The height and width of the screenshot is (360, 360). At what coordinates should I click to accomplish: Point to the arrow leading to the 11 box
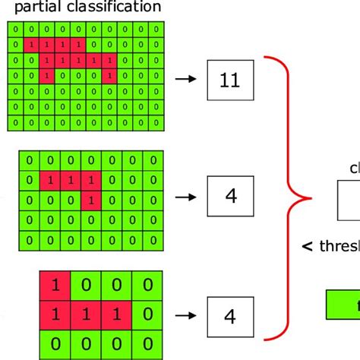(185, 78)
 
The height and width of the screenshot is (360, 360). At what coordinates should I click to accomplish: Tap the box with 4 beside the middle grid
(231, 196)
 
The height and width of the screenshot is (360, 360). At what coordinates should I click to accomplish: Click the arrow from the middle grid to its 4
(185, 196)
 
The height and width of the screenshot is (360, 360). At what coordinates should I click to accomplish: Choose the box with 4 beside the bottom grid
(231, 313)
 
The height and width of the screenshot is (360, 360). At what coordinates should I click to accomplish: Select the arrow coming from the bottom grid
(185, 313)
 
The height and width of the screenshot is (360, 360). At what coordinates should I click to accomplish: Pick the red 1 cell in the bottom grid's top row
(55, 286)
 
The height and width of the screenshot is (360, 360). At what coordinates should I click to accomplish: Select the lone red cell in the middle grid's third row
(90, 201)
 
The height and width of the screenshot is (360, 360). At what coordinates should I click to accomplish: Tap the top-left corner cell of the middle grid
(30, 160)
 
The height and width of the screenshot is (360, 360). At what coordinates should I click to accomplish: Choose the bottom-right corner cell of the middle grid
(154, 241)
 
